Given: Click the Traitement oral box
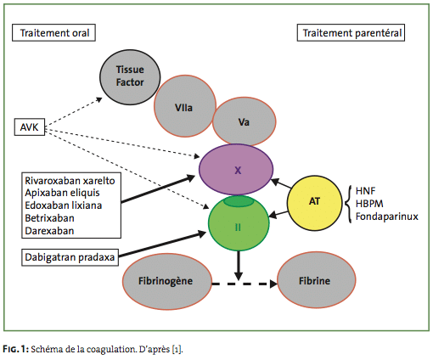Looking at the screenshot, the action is point(53,33).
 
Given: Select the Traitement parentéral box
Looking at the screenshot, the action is point(351,33).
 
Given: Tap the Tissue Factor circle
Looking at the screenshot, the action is point(130,77).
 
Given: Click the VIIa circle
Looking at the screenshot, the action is point(185,106).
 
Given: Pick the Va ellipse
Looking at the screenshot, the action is point(244,121).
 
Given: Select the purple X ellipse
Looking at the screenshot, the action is point(236,170).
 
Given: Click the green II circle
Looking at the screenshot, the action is point(239,223).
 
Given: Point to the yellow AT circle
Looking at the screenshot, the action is point(315,201).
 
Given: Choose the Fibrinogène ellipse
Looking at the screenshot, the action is point(167,281).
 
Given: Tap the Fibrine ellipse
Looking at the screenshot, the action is point(316,280).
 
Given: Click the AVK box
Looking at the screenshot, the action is point(30,127).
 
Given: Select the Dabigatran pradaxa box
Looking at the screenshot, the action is point(70,257).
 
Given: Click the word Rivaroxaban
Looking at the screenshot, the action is point(50,181).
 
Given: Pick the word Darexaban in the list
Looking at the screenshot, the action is point(49,231).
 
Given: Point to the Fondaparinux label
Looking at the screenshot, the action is point(387,217).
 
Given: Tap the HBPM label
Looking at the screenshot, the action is point(369,204).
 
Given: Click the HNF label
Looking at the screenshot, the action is point(365,191).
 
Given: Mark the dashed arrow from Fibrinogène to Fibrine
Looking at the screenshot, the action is point(245,284).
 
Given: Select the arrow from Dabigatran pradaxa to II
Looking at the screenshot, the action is point(162,245).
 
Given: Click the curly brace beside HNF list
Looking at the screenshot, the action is point(348,204).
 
